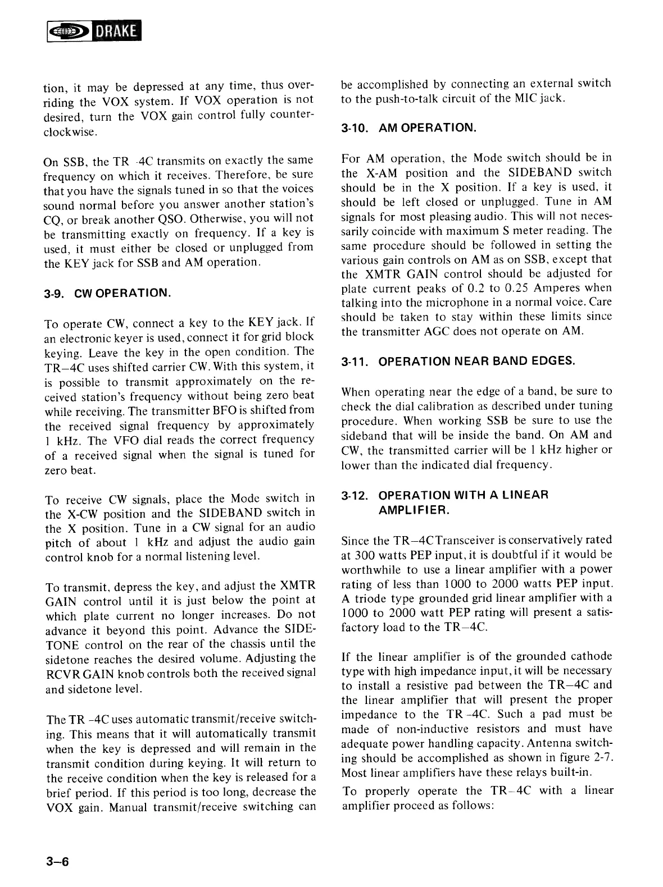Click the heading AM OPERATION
pos(428,128)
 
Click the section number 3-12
pos(355,496)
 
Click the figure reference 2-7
pos(602,758)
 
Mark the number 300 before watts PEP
pos(365,555)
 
